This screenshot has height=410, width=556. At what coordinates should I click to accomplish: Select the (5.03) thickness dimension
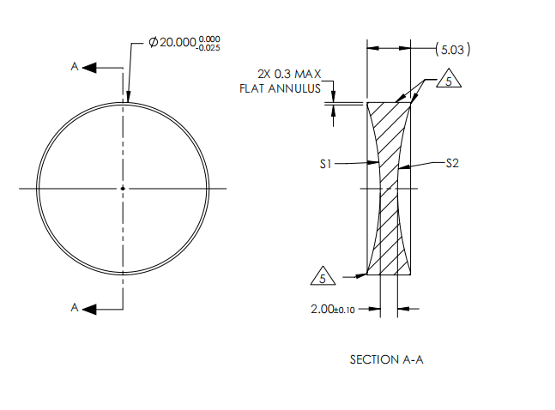click(x=452, y=50)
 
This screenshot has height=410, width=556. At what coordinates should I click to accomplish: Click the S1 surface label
click(x=325, y=163)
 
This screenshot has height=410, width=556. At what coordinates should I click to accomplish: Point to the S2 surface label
click(x=452, y=163)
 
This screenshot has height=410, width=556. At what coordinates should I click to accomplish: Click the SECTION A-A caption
click(x=386, y=359)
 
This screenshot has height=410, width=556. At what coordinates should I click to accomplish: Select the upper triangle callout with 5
click(x=448, y=81)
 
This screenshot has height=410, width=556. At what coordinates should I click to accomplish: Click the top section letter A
click(x=75, y=66)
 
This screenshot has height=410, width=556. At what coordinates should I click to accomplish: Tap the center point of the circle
click(x=124, y=188)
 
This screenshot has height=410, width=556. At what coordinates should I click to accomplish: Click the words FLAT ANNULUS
click(x=281, y=87)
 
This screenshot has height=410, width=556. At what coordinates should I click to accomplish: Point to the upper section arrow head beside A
click(x=88, y=66)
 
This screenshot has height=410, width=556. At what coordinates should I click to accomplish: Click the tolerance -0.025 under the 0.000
click(x=208, y=49)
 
